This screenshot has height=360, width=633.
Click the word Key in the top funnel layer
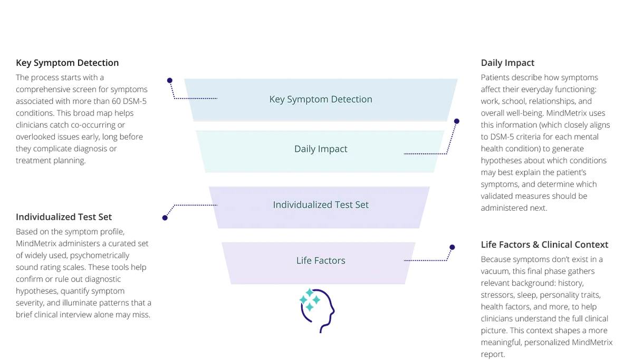click(277, 99)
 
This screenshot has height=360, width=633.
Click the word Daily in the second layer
click(305, 149)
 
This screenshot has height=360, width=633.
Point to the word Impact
click(333, 149)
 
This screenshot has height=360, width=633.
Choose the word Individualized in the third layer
click(302, 205)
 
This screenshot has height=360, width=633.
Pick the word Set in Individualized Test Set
click(362, 205)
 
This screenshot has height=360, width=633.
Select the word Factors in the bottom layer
click(330, 260)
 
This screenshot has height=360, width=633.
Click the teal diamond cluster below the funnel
click(310, 301)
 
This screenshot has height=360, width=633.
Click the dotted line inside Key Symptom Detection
click(202, 99)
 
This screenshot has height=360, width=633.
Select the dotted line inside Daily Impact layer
click(422, 154)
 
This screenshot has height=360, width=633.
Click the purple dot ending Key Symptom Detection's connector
click(168, 79)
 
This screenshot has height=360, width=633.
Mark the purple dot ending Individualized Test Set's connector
click(164, 218)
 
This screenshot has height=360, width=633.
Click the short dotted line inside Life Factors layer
click(408, 260)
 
